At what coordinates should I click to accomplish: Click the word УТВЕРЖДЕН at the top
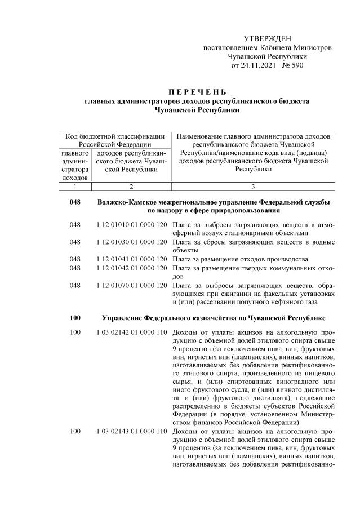[x=268, y=38]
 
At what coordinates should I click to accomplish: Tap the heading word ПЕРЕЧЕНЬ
[x=197, y=92]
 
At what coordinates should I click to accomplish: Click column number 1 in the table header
[x=74, y=186]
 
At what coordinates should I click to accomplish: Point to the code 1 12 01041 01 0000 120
[x=132, y=259]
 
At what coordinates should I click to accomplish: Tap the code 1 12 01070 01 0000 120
[x=132, y=284]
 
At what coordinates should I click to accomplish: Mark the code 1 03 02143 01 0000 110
[x=132, y=431]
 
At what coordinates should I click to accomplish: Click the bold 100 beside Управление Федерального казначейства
[x=75, y=318]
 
